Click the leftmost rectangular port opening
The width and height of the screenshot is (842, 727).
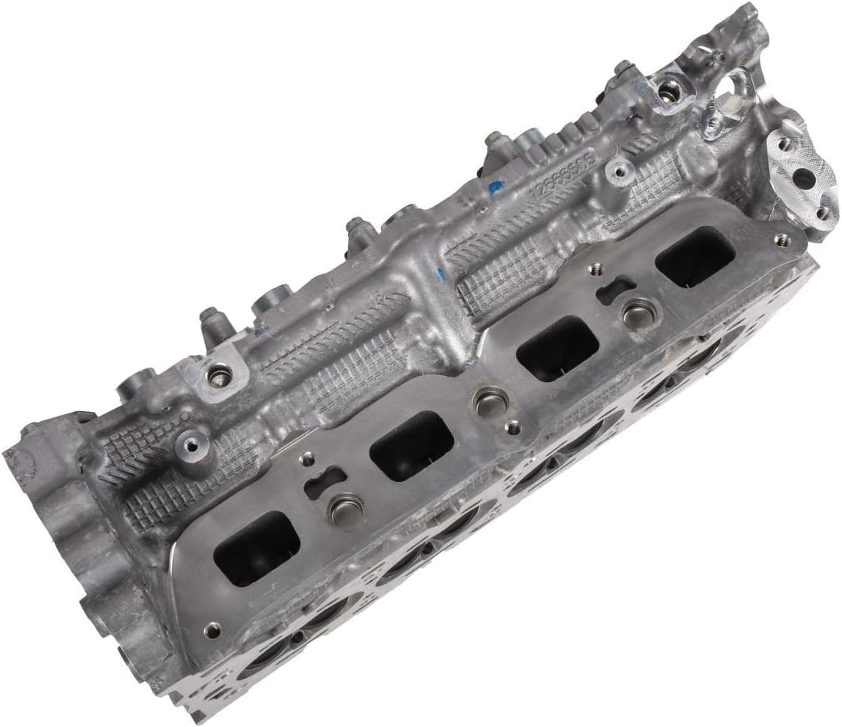257,548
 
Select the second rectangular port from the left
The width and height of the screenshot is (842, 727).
411,446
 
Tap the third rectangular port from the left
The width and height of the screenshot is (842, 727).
557,348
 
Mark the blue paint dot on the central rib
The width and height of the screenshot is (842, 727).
439,271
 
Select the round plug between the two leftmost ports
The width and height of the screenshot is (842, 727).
345,507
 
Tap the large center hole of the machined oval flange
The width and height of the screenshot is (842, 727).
803,178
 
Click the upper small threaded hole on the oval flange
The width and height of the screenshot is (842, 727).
784,144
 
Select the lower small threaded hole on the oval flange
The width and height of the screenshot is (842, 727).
823,213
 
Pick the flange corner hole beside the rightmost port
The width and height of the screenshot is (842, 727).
781,240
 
